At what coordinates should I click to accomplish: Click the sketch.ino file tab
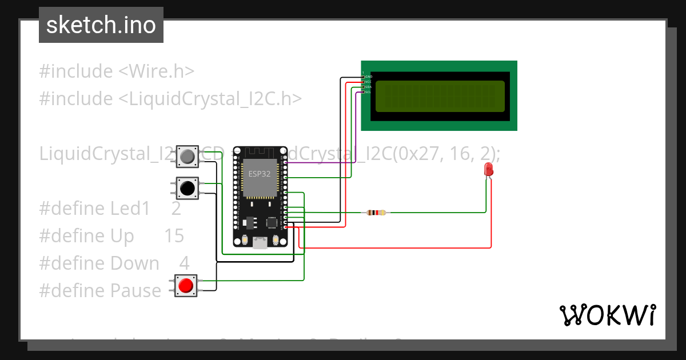pos(101,25)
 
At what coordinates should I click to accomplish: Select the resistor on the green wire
pos(376,213)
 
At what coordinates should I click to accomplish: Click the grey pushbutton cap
pos(187,156)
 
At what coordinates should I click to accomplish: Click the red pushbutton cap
pos(185,285)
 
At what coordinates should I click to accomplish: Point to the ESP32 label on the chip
pos(259,174)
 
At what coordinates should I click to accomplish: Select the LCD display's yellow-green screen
pos(440,96)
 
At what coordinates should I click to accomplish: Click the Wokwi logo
pos(607,315)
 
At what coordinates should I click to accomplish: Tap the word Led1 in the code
pos(130,209)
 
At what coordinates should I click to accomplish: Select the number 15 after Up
pos(174,236)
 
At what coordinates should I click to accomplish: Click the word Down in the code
pos(134,263)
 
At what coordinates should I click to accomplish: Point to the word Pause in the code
pos(135,291)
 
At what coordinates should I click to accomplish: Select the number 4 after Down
pos(184,263)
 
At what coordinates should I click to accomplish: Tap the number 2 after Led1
pos(176,209)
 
